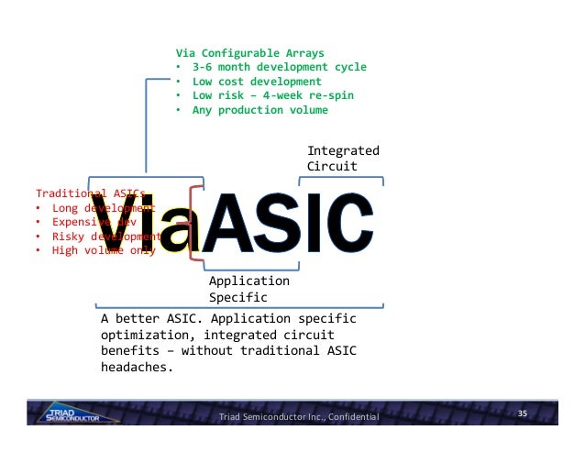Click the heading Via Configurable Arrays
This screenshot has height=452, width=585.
click(x=249, y=52)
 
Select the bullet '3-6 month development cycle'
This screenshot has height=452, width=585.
click(x=279, y=67)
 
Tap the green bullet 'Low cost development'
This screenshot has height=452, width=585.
click(x=250, y=82)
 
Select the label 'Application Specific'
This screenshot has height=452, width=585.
click(x=248, y=289)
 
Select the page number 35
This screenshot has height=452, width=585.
click(x=524, y=414)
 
